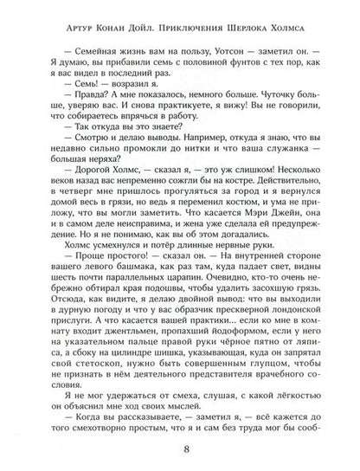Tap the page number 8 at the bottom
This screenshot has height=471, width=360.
179,450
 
